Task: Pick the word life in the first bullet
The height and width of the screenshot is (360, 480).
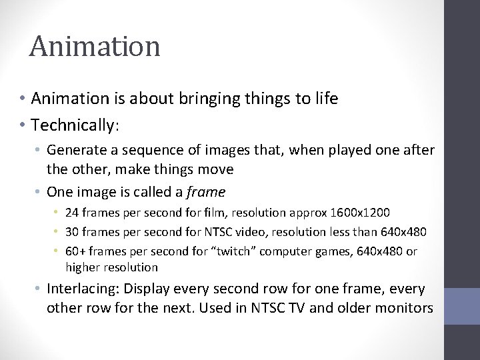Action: [x=325, y=99]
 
